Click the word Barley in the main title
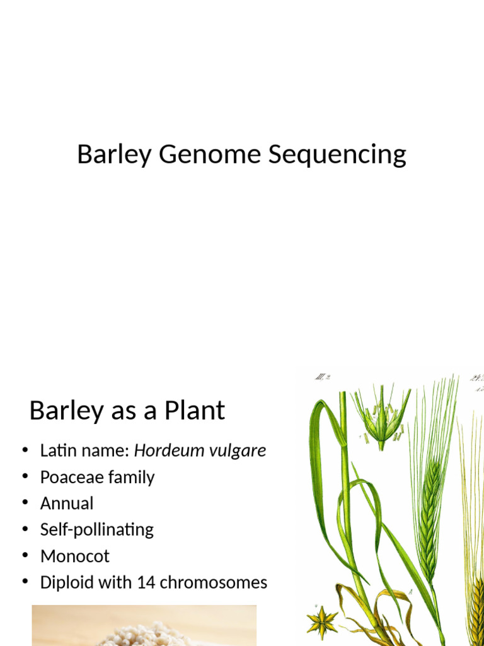tap(114, 155)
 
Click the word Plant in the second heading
tap(195, 411)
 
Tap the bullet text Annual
tap(67, 503)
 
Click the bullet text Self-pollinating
tap(97, 529)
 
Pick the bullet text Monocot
tap(75, 556)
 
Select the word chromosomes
tap(214, 582)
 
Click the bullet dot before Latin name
tap(25, 450)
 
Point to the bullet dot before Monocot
tap(25, 556)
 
